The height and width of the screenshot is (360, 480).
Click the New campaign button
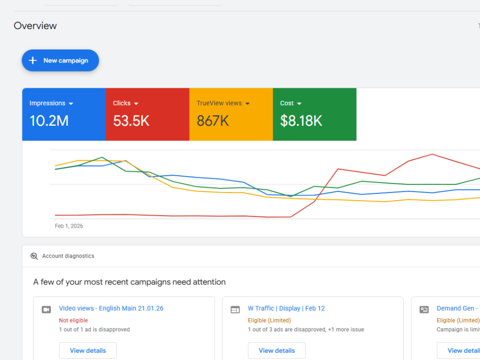tap(60, 60)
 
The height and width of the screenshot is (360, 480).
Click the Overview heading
tap(35, 26)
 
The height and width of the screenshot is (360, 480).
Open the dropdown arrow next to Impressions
tap(71, 104)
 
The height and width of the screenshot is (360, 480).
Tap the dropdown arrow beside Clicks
tap(136, 104)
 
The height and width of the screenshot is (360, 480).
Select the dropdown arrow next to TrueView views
tap(247, 104)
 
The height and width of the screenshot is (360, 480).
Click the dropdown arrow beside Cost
tap(299, 104)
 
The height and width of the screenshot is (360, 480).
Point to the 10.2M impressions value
tap(49, 120)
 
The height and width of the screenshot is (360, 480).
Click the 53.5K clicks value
tap(131, 120)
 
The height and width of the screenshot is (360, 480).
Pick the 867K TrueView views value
tap(213, 120)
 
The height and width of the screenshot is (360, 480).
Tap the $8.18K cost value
tap(301, 120)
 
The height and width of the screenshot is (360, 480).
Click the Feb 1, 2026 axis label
tap(69, 226)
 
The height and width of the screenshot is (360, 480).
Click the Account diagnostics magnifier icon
tap(34, 256)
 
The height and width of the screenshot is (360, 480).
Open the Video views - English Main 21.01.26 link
tap(111, 308)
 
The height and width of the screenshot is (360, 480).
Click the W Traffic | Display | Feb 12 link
tap(286, 308)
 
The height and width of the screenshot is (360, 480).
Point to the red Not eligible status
tap(73, 321)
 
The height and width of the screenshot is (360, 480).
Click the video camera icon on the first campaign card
tap(46, 310)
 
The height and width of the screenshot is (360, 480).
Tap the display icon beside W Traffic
tap(235, 310)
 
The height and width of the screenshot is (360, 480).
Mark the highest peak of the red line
tap(432, 154)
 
